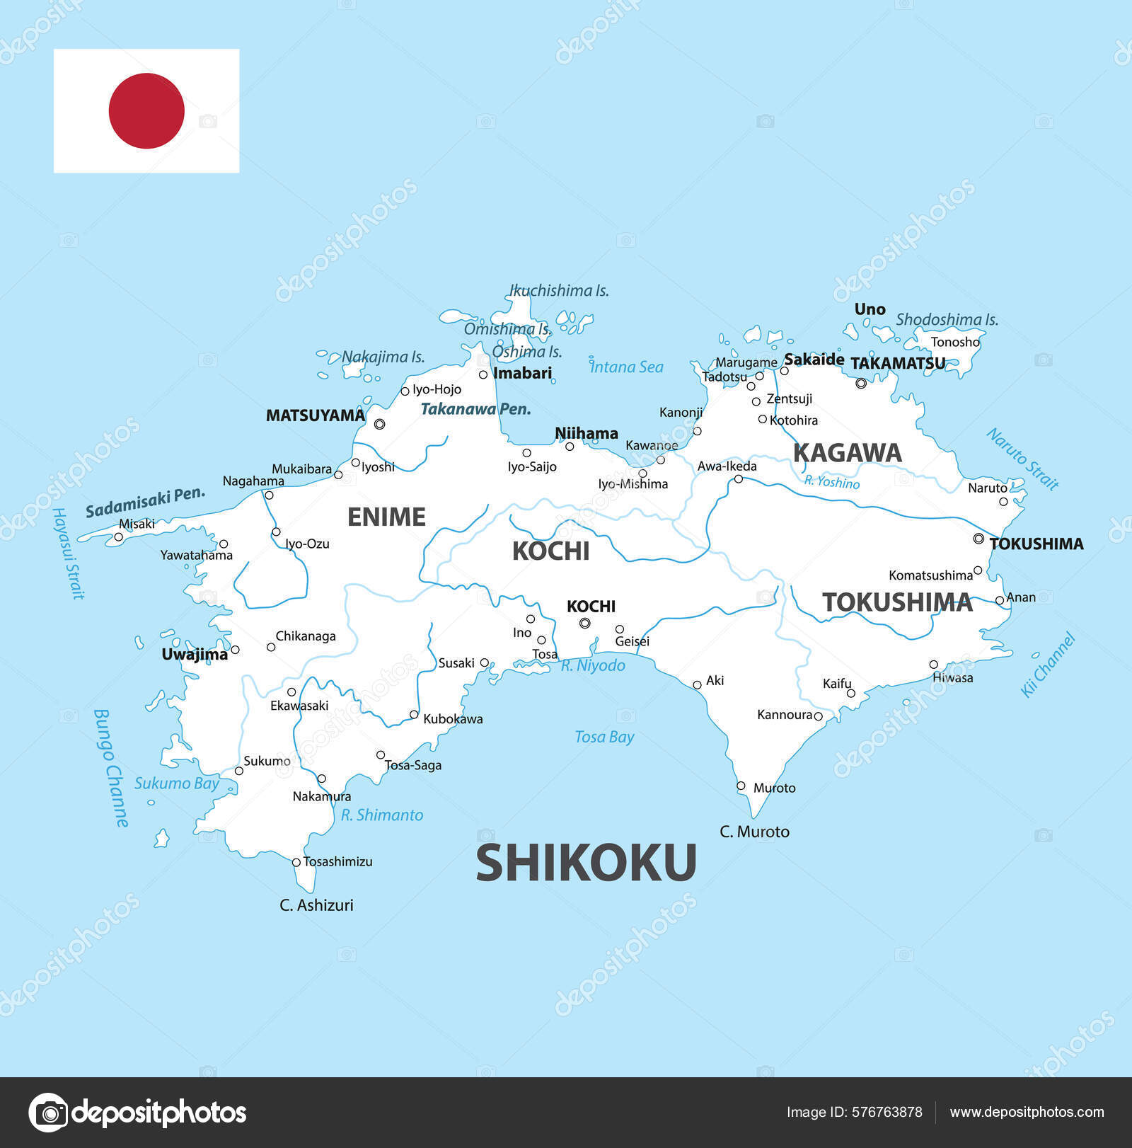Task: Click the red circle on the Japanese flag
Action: tap(146, 111)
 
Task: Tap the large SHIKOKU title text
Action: tap(586, 863)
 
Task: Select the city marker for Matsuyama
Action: tap(379, 424)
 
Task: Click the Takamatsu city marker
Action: tap(861, 384)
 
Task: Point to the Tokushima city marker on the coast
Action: tap(978, 539)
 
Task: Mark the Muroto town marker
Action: tap(741, 786)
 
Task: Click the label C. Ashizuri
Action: tap(316, 905)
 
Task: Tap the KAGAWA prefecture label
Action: tap(847, 453)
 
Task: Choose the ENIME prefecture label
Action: tap(386, 517)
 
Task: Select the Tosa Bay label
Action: tap(604, 737)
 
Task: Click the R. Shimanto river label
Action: tap(382, 815)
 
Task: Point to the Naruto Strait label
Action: tap(1023, 459)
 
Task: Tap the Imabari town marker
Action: tap(483, 374)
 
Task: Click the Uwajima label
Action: tap(195, 655)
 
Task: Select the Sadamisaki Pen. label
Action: tap(145, 502)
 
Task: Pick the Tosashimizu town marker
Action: tap(296, 862)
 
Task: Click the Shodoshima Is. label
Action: tap(947, 320)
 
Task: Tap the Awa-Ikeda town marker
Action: tap(738, 479)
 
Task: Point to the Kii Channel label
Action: tap(1048, 665)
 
